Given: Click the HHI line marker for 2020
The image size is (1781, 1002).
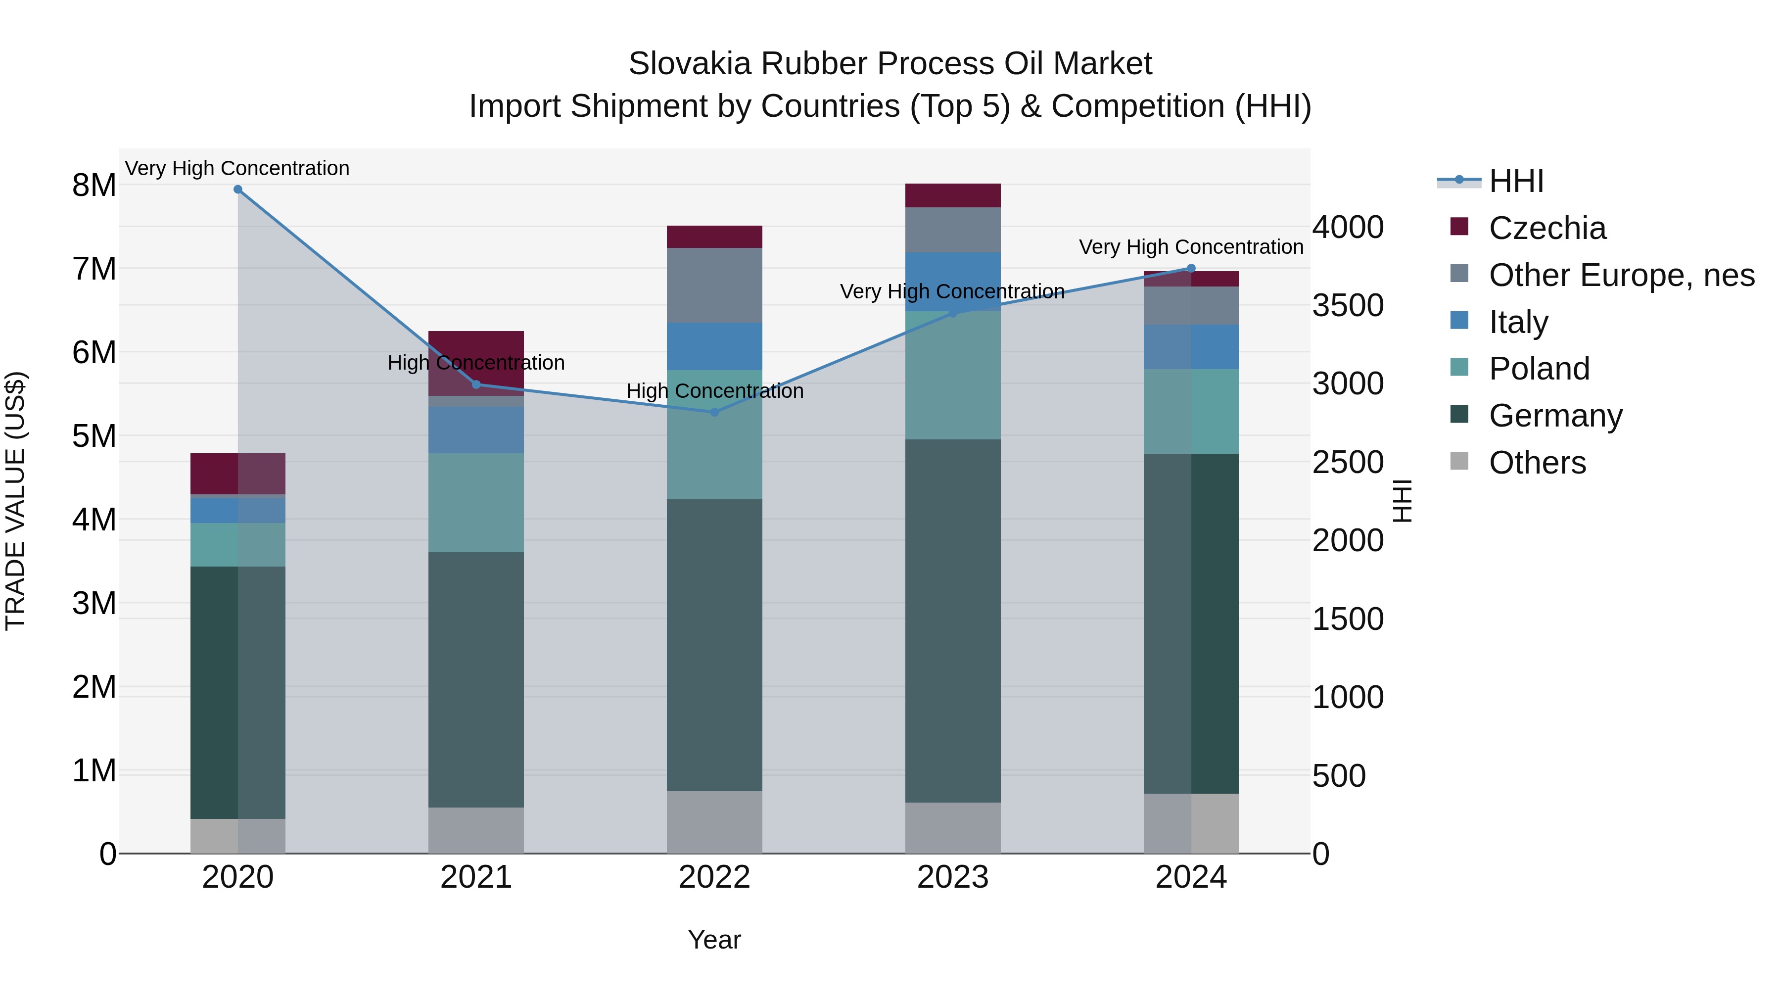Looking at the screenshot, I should coord(238,190).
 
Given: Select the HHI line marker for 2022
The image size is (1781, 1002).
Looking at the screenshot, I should coord(715,412).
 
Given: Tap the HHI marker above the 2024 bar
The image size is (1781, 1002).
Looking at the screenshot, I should coord(1191,268).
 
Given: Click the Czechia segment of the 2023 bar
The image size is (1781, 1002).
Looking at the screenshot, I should coord(953,195).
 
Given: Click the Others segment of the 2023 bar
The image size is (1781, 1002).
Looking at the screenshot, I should coord(953,828).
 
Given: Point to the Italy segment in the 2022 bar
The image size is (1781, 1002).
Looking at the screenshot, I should coord(715,346).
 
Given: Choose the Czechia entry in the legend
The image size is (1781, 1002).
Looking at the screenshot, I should coord(1547,228).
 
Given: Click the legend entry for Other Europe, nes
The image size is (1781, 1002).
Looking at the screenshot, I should coord(1621,275).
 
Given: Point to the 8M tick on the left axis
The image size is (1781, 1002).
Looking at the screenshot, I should coord(94,186).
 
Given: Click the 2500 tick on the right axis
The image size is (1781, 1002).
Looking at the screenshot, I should coord(1348,462).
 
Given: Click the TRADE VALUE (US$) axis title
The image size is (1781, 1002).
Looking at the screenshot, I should coord(15,501).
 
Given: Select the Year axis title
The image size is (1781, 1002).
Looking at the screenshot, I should coord(714,940).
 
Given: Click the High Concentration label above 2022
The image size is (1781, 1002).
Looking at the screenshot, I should coord(715,391).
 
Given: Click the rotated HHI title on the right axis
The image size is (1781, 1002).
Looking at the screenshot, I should coord(1402,501).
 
